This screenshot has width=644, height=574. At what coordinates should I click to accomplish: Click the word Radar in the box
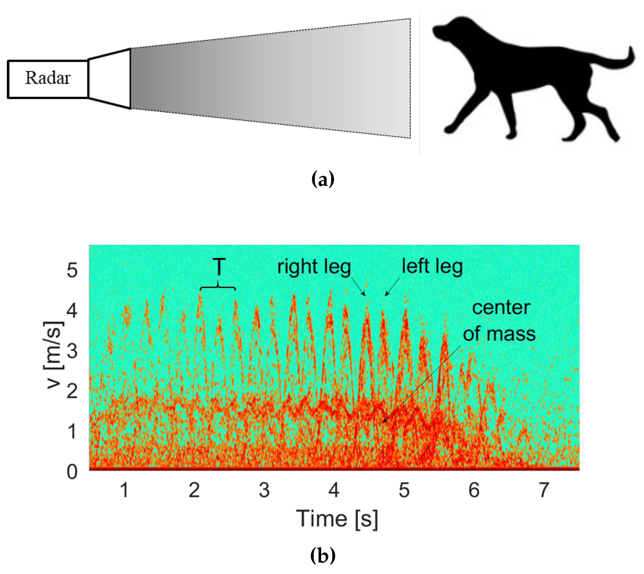tap(47, 78)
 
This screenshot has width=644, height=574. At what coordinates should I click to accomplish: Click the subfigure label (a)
tap(322, 179)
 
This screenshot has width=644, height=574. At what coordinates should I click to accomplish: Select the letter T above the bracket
tap(219, 267)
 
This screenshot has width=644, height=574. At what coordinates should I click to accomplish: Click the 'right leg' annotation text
tap(314, 267)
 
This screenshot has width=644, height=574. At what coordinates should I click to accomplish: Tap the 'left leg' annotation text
tap(432, 266)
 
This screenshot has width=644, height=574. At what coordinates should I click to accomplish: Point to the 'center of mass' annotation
tap(500, 321)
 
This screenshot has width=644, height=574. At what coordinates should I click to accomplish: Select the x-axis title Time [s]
tap(337, 519)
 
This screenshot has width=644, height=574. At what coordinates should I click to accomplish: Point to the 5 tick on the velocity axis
tap(72, 270)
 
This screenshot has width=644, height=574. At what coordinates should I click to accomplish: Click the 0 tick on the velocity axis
tap(72, 472)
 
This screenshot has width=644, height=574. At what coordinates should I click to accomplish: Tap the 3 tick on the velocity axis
tap(72, 351)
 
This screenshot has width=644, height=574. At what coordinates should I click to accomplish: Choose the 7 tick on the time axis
tap(544, 490)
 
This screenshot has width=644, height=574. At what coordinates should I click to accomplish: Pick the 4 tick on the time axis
tap(334, 490)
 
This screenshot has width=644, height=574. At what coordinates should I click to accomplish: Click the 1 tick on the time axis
tap(124, 490)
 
